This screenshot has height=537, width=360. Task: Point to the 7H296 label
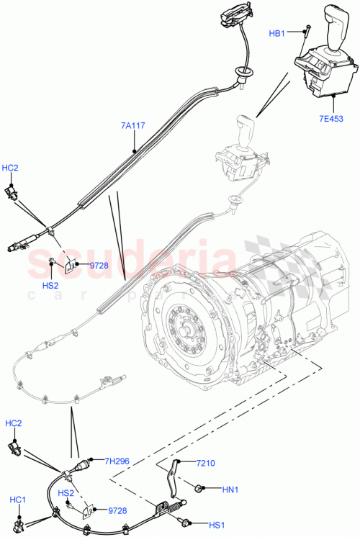(x=117, y=461)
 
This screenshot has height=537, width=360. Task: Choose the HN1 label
(x=230, y=491)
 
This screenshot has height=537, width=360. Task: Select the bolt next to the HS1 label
(x=189, y=522)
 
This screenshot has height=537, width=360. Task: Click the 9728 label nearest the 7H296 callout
(x=117, y=510)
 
